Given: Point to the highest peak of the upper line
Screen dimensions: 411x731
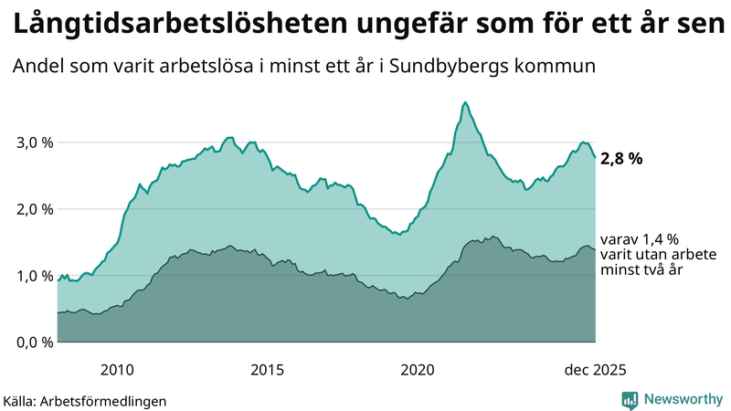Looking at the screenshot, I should click(465, 102).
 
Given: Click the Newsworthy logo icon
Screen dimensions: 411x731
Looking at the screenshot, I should click(630, 399).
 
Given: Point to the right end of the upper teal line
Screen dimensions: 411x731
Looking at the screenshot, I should click(596, 158).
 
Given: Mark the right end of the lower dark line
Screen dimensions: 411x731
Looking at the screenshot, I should click(596, 249).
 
